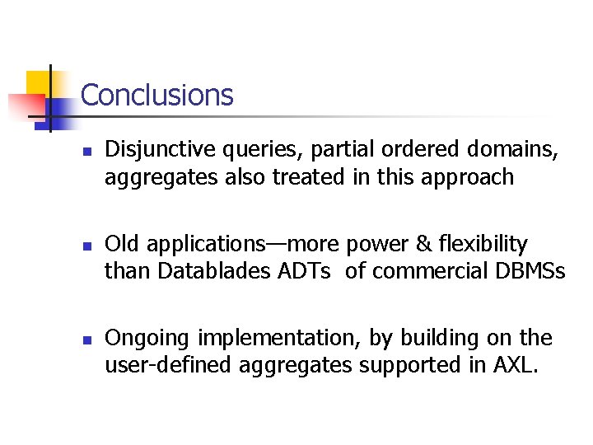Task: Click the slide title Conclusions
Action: tap(156, 96)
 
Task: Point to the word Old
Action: tap(122, 245)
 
